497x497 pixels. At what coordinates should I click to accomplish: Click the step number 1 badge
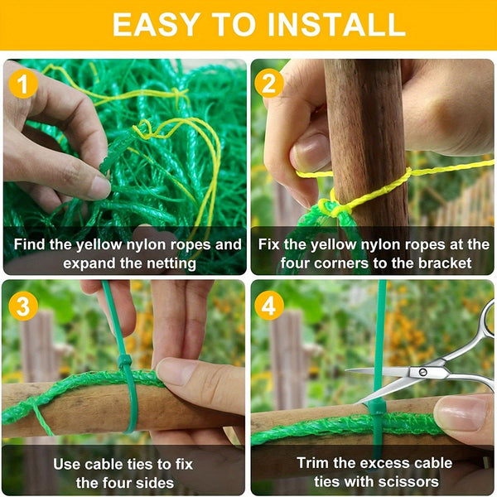tap(22, 84)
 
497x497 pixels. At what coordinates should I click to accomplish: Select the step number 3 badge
tap(22, 306)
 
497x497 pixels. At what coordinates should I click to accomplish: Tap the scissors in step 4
tap(431, 364)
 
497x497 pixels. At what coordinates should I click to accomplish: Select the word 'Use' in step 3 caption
tap(69, 464)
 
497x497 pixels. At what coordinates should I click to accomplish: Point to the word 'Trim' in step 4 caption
tap(315, 463)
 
